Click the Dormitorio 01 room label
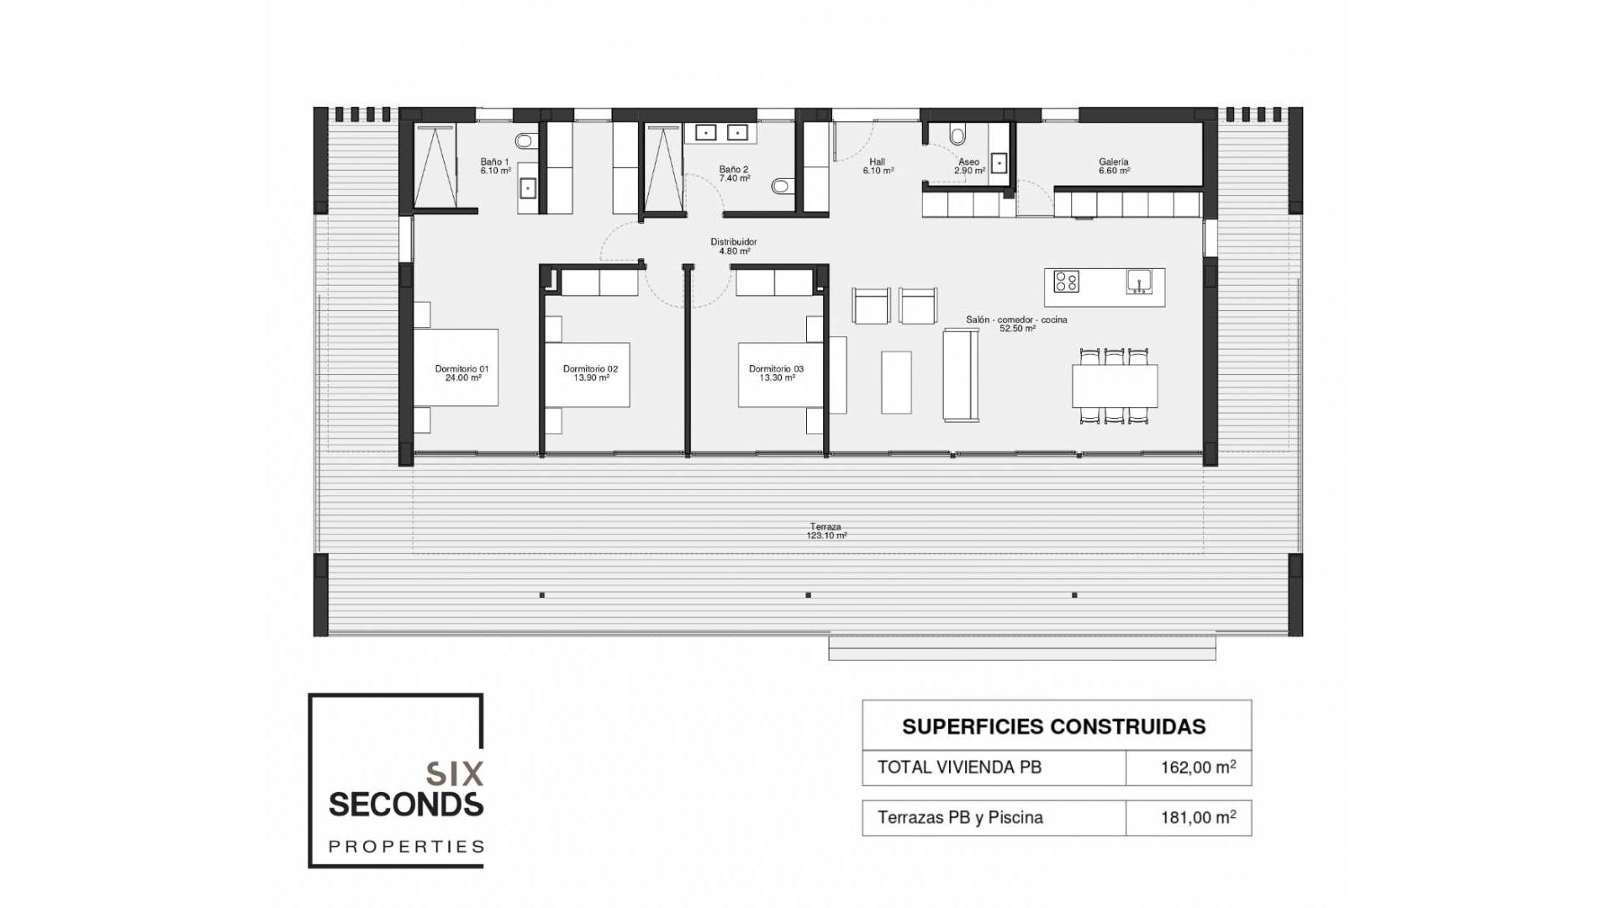point(462,373)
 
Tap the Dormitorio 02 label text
point(590,373)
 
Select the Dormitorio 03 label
point(776,373)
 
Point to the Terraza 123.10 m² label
point(826,531)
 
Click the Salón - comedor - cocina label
point(1016,324)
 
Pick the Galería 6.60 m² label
point(1114,166)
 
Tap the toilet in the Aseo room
point(957,135)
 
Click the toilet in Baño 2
point(782,186)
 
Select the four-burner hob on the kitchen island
point(1066,282)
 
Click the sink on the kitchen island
point(1139,282)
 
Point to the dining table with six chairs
point(1115,386)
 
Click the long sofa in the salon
point(961,376)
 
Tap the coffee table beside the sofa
point(896,382)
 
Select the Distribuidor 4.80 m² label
point(734,246)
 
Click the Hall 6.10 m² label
point(878,166)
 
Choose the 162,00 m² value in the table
point(1198,767)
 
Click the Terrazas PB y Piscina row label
point(960,817)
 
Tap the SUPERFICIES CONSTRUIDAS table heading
point(1054,726)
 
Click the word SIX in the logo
point(455,773)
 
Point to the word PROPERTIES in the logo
point(406,846)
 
